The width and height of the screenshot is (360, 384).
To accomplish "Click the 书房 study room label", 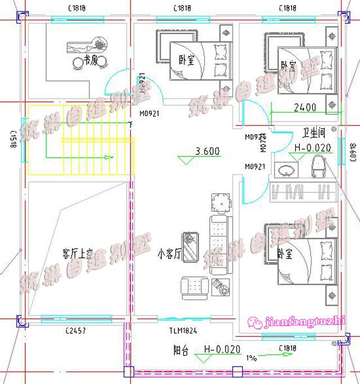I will (91, 60).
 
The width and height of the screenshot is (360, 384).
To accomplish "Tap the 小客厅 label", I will (168, 254).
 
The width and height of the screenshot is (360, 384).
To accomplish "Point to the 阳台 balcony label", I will (181, 350).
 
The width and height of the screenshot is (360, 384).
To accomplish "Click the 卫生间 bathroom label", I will (314, 134).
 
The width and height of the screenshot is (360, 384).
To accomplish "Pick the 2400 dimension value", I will (305, 107).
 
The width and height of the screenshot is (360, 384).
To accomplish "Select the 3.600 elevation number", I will (207, 151).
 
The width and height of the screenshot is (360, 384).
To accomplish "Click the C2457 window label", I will (75, 331).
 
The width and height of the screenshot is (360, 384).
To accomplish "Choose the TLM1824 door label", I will (182, 331).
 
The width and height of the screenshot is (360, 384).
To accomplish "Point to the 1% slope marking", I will (250, 358).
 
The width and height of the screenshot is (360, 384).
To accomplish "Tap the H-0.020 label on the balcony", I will (222, 349).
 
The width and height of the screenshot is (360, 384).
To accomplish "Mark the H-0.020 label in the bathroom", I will (312, 148).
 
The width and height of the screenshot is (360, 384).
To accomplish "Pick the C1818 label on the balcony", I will (287, 349).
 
